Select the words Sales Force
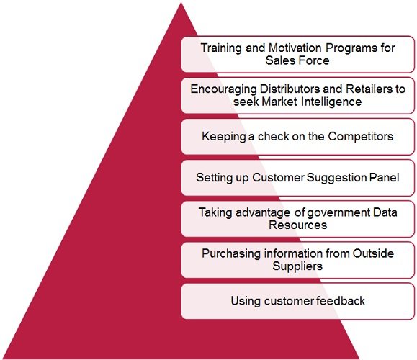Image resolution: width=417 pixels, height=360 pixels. (x=298, y=60)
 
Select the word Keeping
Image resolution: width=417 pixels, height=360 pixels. (x=223, y=135)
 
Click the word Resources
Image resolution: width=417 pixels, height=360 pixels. (x=298, y=225)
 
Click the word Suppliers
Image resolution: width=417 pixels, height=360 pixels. (x=298, y=266)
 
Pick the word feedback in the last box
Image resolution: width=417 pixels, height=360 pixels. (x=341, y=300)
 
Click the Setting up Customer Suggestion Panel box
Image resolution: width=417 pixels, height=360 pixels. (x=298, y=176)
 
